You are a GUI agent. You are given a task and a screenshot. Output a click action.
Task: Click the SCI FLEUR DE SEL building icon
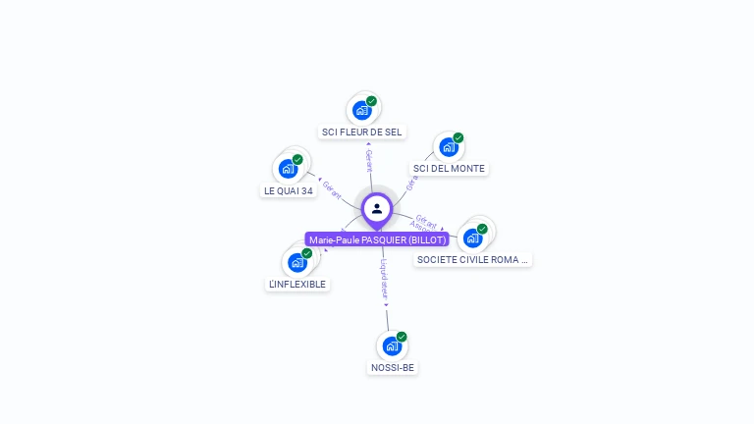(362, 111)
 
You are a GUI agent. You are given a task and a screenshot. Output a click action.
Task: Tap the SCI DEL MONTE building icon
(449, 147)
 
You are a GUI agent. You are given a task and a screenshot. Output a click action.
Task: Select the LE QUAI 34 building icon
(288, 169)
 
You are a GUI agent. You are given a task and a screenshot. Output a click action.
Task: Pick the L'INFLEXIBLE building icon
(296, 263)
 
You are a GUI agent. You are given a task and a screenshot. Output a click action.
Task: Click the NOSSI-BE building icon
(392, 346)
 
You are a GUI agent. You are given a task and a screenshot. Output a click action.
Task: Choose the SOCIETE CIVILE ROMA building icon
(473, 238)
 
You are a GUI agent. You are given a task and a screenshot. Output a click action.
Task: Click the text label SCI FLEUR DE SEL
(362, 132)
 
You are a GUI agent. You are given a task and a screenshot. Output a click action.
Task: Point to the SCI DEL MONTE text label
(449, 168)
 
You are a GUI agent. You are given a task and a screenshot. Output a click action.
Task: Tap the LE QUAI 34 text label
(289, 190)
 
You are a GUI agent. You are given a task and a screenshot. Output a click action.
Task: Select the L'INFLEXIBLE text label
(296, 284)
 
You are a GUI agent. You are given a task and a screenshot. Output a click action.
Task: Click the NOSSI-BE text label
(393, 367)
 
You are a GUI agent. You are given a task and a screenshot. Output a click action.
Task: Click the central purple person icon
(377, 208)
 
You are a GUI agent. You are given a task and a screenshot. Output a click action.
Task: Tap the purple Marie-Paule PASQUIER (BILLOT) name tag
(377, 239)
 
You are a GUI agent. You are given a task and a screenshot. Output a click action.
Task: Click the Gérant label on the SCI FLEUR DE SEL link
(368, 161)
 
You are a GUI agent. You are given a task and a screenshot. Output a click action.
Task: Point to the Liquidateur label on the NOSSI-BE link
(385, 279)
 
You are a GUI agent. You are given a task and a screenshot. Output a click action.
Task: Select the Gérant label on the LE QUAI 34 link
(332, 189)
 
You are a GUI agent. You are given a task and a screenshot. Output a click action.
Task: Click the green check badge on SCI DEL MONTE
(458, 138)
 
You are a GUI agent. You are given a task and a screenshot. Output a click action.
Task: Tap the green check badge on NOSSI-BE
(402, 337)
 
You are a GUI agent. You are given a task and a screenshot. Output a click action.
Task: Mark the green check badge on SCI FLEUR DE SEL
(372, 101)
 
